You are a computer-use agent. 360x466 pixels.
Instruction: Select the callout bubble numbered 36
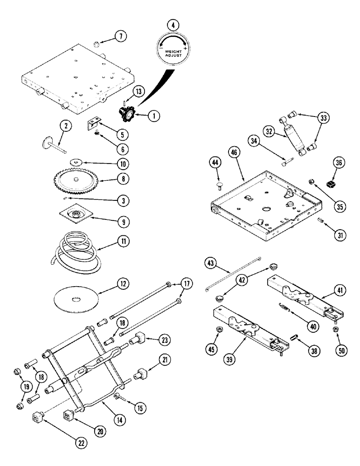339,163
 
